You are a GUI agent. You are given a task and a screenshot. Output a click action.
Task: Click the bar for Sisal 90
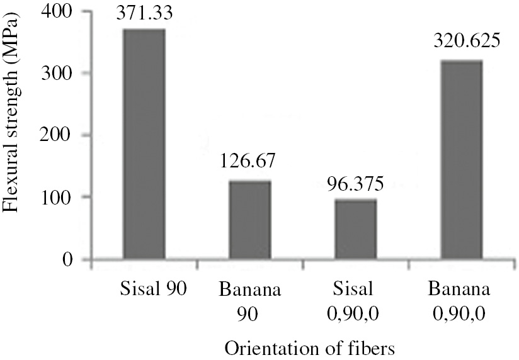pyautogui.click(x=144, y=144)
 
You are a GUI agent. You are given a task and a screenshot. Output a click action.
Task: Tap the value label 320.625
pyautogui.click(x=462, y=43)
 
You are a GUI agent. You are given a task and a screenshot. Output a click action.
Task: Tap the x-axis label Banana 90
pyautogui.click(x=249, y=302)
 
